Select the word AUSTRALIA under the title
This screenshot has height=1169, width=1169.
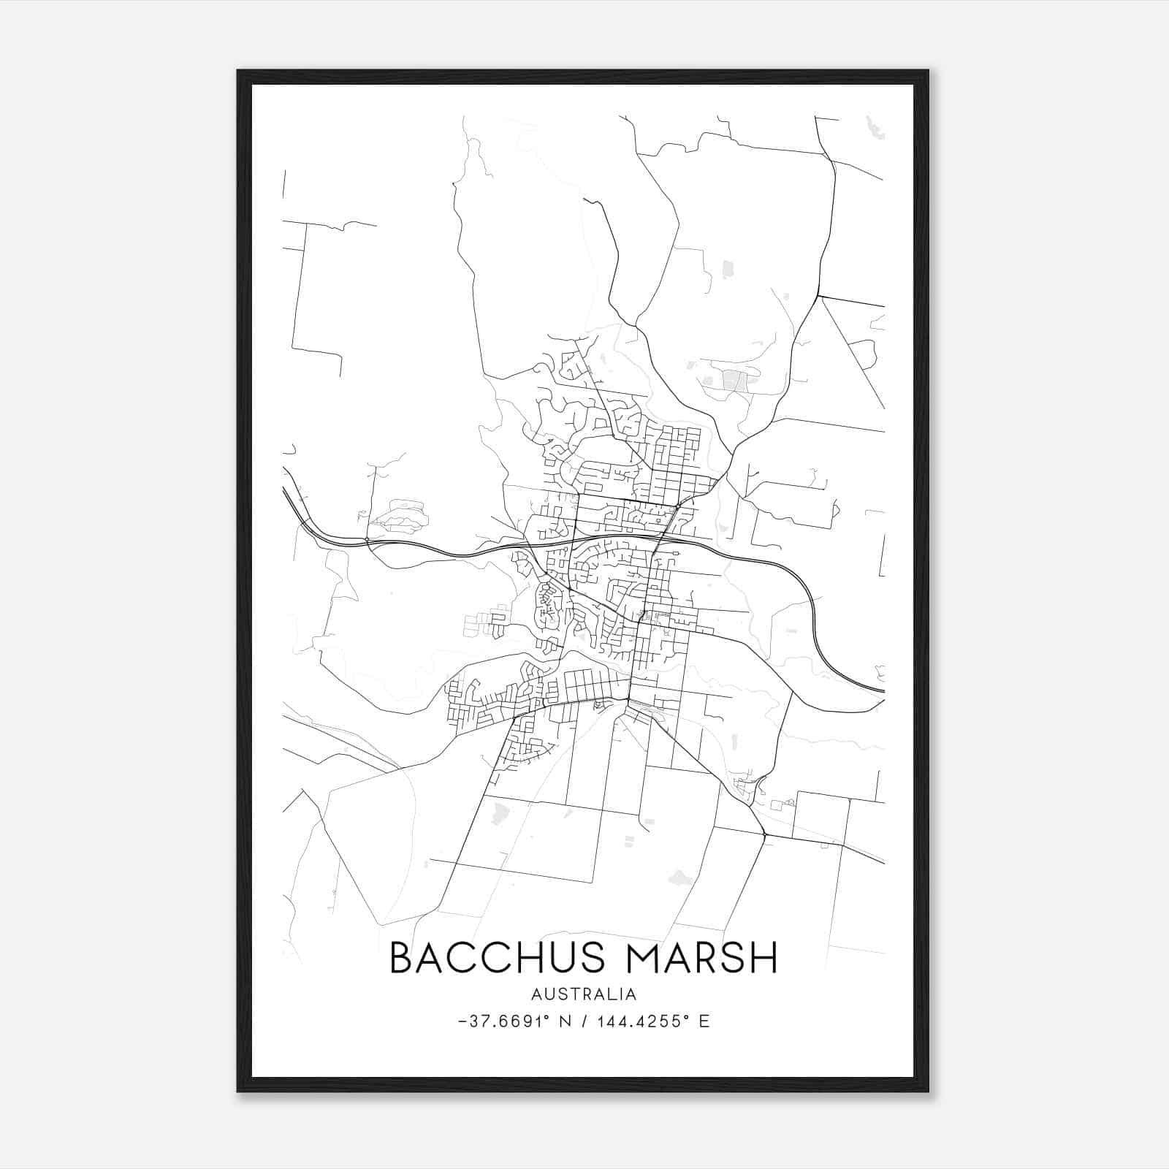584,994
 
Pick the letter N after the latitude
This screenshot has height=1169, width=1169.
565,1021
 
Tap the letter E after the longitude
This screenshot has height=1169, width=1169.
704,1021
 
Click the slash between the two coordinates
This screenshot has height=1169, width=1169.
583,1021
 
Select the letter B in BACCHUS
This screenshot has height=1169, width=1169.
404,958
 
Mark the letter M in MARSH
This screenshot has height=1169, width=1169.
649,958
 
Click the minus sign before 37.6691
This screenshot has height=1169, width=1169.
462,1021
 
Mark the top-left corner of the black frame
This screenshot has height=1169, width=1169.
238,71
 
